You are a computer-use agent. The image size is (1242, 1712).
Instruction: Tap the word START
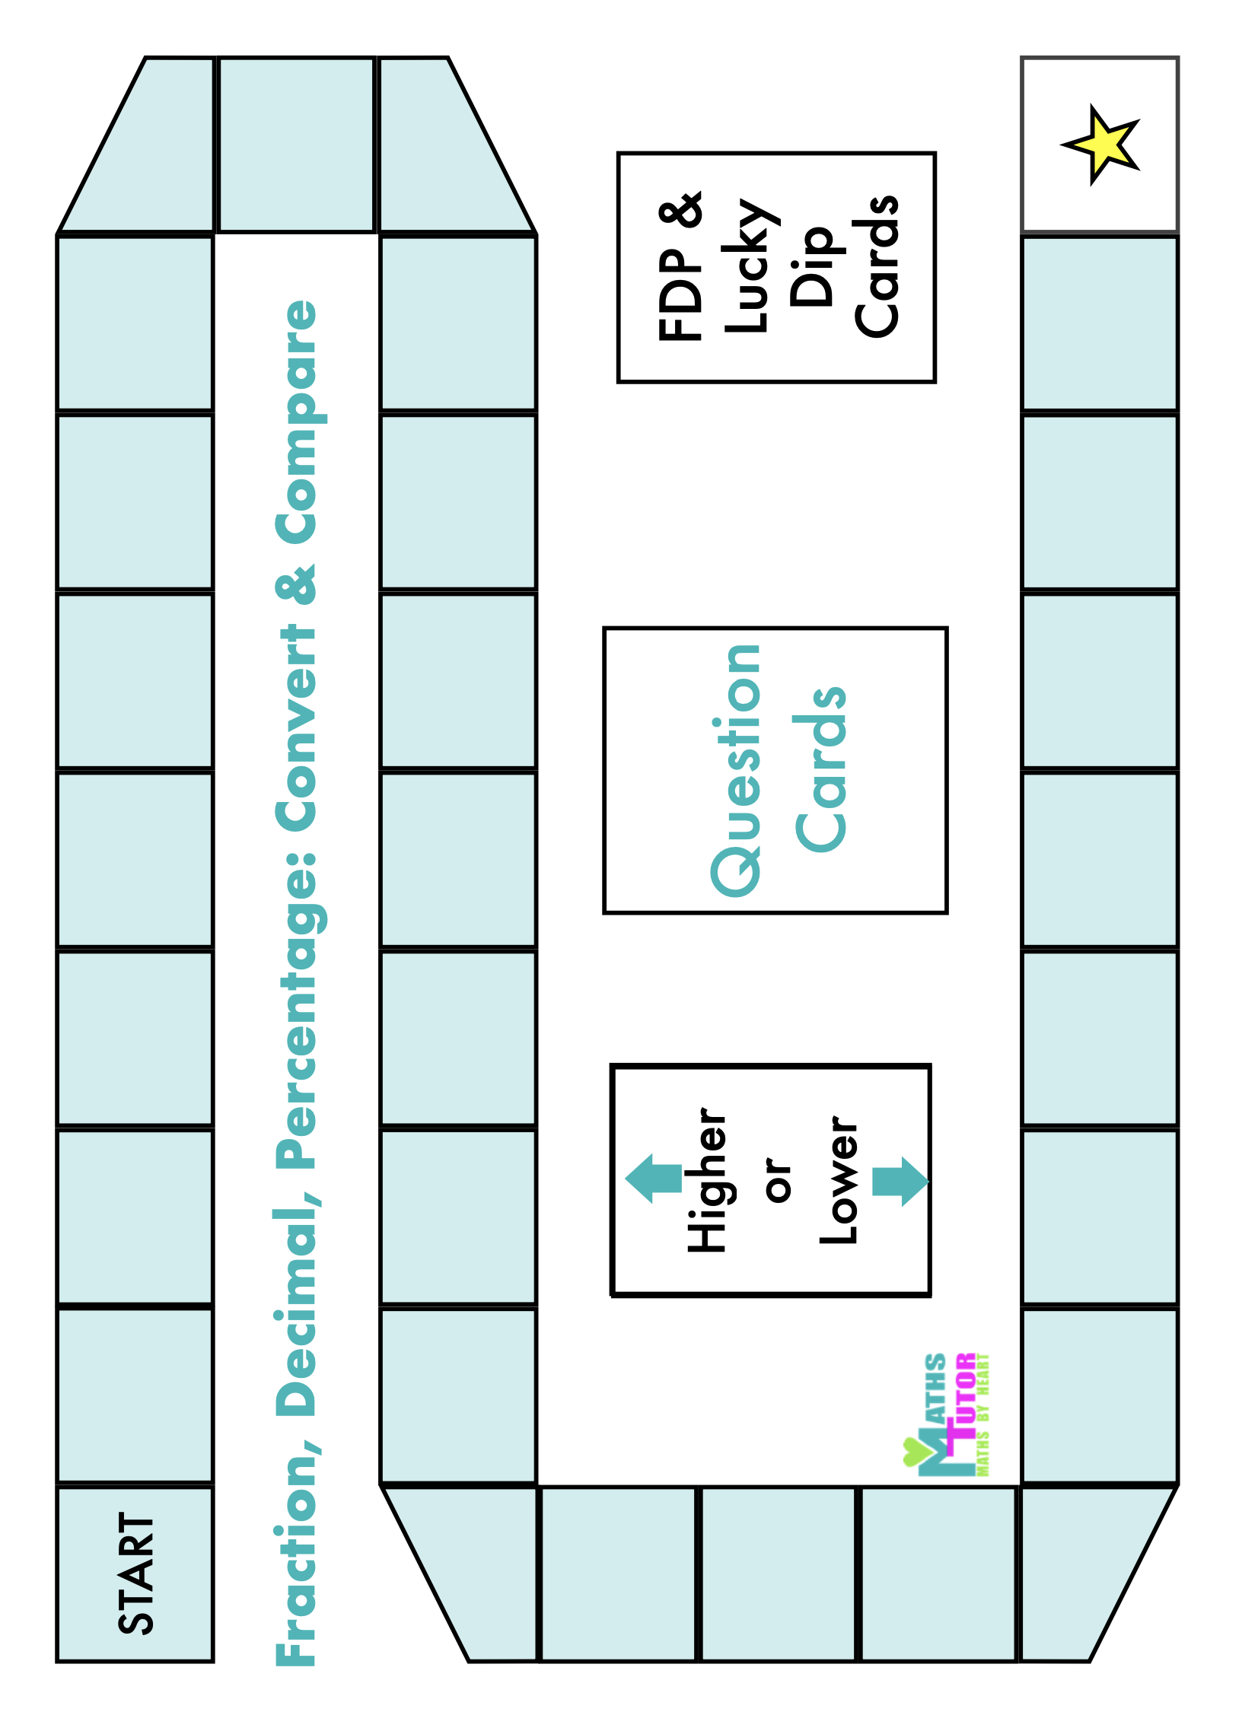click(x=137, y=1574)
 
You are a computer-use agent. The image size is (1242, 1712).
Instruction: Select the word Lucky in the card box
click(x=751, y=266)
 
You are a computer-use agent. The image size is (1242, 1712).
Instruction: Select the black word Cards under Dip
click(x=877, y=266)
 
